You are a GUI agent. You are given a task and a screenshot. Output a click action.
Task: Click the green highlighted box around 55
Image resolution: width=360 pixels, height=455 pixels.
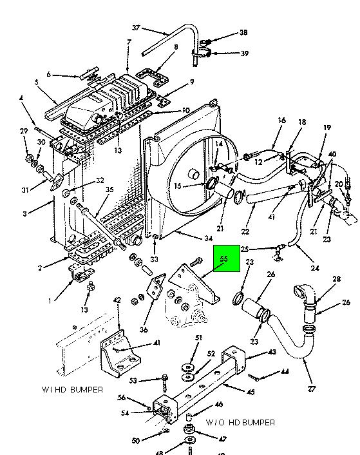pos(227,258)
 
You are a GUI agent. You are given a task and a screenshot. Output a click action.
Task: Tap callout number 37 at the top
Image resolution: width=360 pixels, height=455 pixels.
pos(137,28)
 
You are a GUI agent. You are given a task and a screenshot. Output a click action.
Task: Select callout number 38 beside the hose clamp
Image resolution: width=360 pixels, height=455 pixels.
pos(243,32)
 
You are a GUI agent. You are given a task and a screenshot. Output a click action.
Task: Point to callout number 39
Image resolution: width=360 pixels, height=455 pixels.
pos(245,53)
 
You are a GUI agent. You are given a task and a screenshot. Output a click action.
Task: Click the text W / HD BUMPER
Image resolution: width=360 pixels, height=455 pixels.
pos(72,389)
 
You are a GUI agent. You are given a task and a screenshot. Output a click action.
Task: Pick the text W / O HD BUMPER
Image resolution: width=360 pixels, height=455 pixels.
pos(240,422)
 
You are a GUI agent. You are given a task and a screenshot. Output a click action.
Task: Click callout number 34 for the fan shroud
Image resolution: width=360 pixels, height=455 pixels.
pos(209,238)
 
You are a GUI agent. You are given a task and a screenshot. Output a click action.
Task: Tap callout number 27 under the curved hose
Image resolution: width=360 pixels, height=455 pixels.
pos(311,389)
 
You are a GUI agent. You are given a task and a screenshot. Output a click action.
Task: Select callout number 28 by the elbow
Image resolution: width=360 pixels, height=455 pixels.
pos(337,279)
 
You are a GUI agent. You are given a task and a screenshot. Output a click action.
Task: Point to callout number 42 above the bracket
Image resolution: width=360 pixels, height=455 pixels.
pos(117,300)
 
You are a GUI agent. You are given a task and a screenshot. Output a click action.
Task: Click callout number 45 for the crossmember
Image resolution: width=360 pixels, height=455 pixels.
pos(251,392)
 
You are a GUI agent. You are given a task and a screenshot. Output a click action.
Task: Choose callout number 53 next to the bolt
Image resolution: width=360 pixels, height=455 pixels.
pos(133,380)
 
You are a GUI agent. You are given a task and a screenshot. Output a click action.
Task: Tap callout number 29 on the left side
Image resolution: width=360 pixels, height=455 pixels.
pos(24,131)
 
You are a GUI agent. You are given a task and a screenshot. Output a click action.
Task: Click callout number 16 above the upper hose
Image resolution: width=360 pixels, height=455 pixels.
pos(281,120)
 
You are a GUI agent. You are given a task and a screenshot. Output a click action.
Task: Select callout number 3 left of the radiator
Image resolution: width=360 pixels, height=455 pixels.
pos(24,214)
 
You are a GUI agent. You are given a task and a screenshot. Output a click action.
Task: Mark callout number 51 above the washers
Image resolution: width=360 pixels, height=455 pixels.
pos(198,338)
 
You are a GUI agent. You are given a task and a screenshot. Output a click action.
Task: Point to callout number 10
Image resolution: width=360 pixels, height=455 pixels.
pos(186,110)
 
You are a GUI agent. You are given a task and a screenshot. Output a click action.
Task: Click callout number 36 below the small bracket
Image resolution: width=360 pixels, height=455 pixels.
pos(144,329)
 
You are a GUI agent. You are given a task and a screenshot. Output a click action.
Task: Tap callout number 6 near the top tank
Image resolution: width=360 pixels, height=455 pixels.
pos(48,74)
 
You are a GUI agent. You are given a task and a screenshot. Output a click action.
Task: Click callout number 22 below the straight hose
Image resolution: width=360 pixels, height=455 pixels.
pos(245,231)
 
